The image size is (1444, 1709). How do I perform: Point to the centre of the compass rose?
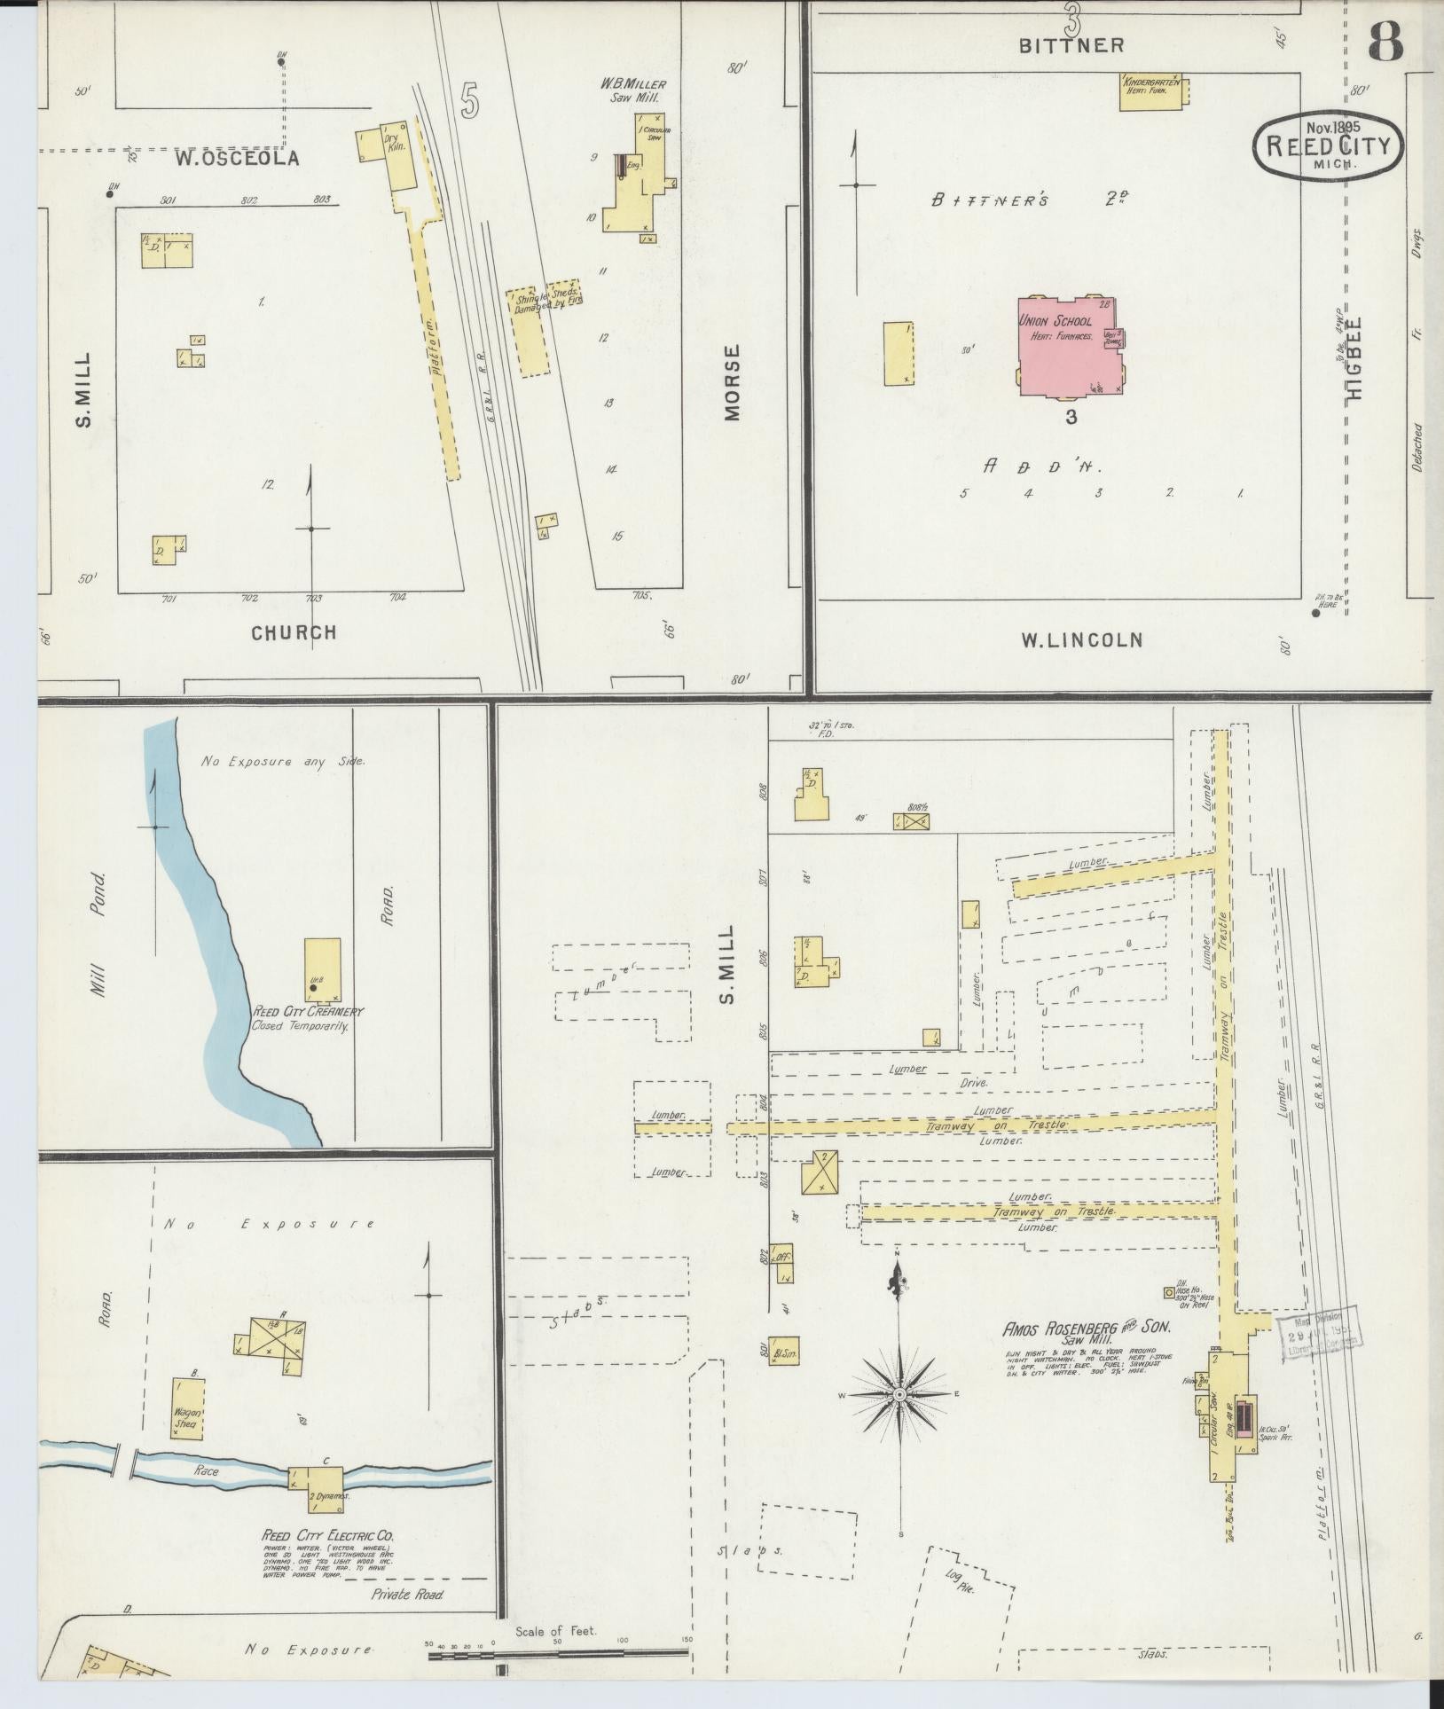[x=899, y=1395]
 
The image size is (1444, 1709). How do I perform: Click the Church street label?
[x=294, y=632]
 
